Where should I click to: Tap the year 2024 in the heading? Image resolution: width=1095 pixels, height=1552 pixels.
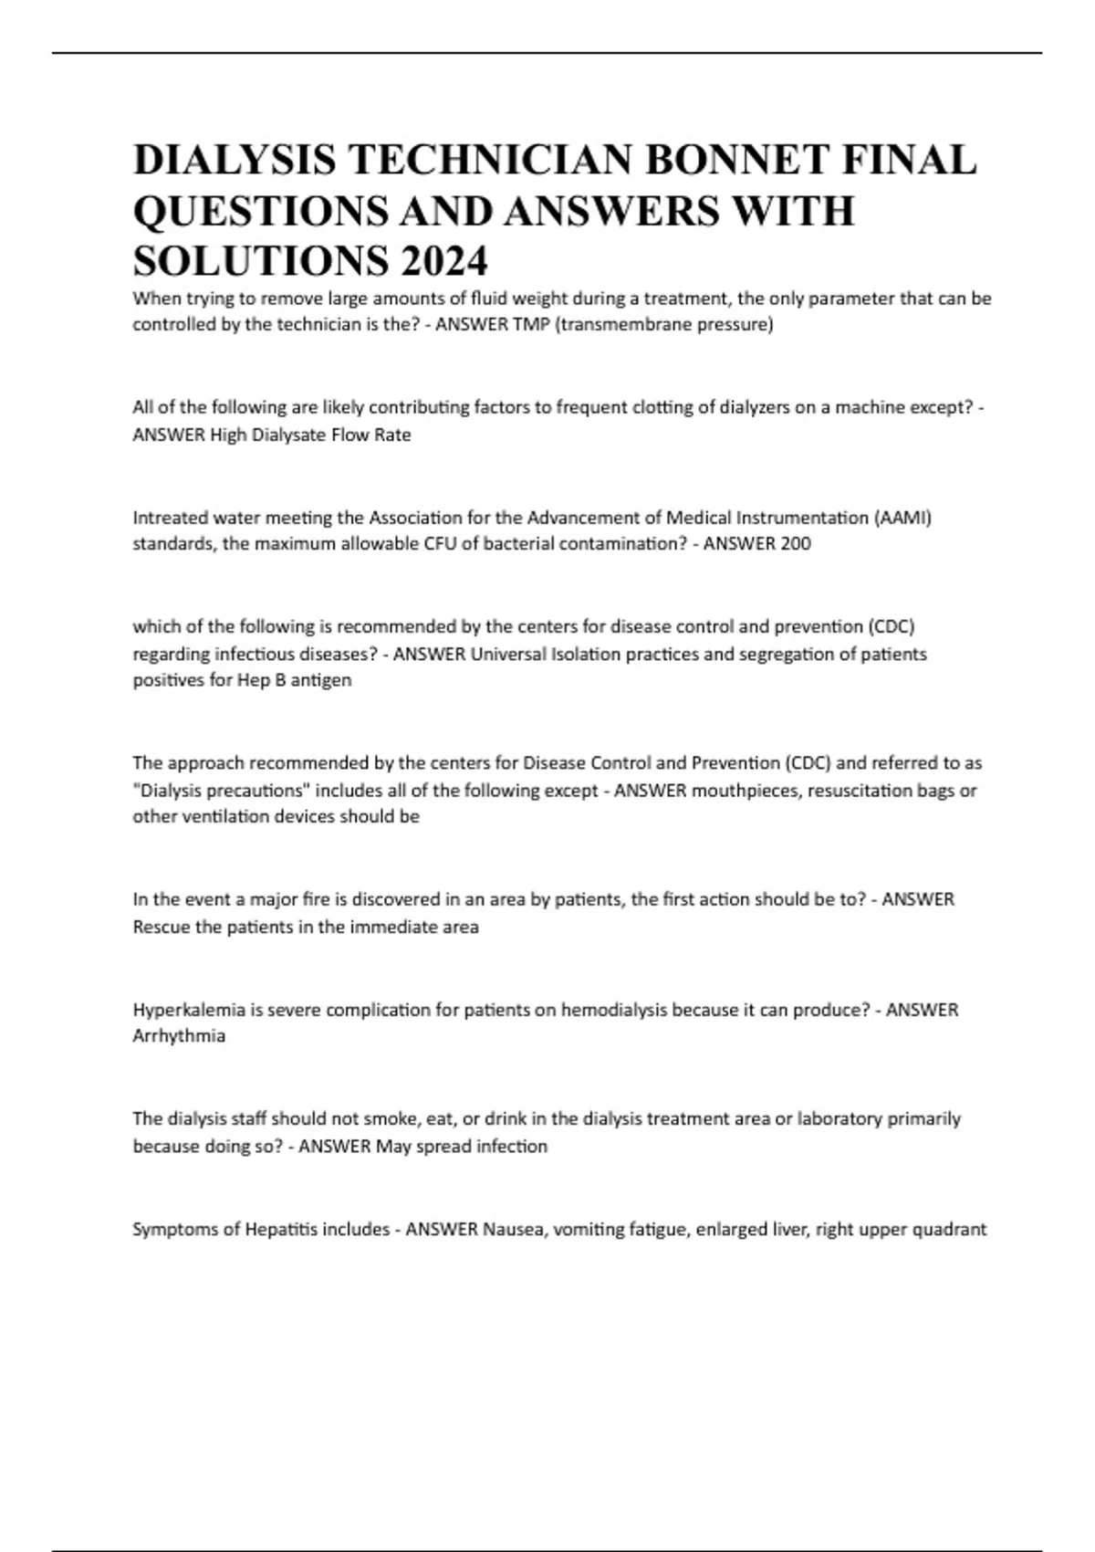442,262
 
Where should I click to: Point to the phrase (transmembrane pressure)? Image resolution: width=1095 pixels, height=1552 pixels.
663,325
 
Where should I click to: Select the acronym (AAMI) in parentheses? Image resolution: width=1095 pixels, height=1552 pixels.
903,518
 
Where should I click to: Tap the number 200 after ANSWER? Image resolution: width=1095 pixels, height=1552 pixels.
795,544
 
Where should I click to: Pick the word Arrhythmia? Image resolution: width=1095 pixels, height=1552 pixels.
179,1036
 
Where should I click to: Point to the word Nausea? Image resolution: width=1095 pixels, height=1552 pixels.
512,1229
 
